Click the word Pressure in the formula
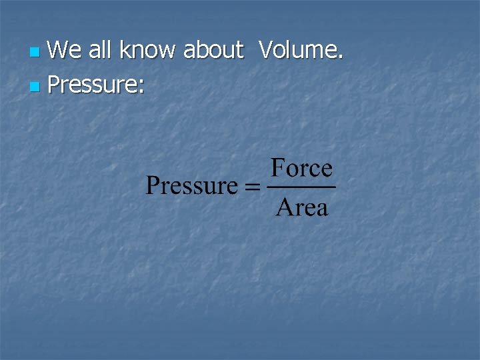pos(191,186)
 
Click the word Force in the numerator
pos(301,169)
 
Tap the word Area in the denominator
pos(301,208)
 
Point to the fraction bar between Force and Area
pos(301,188)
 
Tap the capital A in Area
pos(283,208)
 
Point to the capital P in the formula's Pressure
pos(153,186)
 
